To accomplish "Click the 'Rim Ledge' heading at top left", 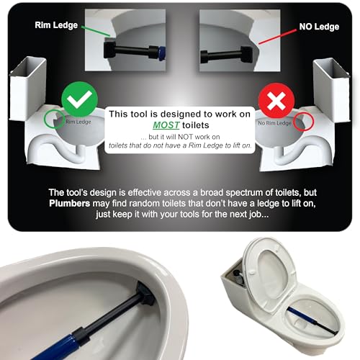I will (55, 26).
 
